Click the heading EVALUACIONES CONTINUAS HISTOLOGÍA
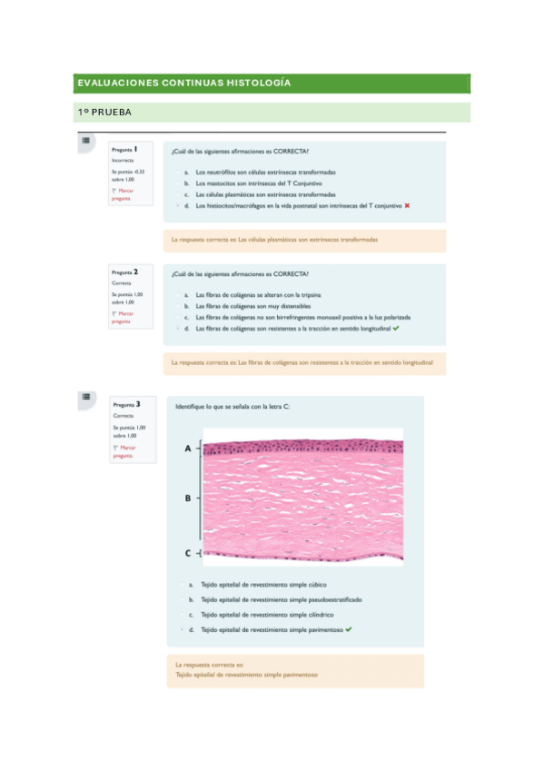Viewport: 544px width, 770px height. [x=184, y=84]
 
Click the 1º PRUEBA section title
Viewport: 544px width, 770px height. [x=104, y=113]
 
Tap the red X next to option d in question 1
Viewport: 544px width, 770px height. [x=408, y=205]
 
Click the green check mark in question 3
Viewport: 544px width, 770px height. [x=349, y=628]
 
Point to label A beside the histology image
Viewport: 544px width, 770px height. [x=188, y=449]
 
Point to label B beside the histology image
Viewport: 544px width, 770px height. [x=188, y=498]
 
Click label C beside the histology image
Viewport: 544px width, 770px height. [x=188, y=552]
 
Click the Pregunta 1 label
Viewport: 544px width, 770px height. [x=124, y=149]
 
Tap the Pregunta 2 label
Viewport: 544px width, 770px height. [x=124, y=271]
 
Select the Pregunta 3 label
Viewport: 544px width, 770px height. [x=126, y=403]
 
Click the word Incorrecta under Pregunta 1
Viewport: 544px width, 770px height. [x=123, y=160]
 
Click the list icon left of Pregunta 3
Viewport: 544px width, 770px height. [x=85, y=397]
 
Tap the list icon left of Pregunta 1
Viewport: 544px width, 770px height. [x=85, y=141]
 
